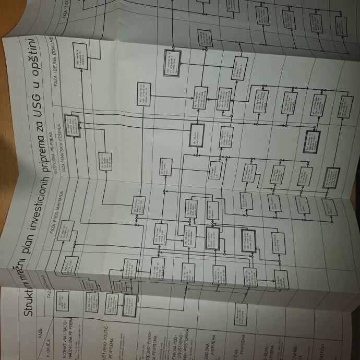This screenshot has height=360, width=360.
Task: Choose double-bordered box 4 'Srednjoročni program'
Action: click(x=130, y=303)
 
